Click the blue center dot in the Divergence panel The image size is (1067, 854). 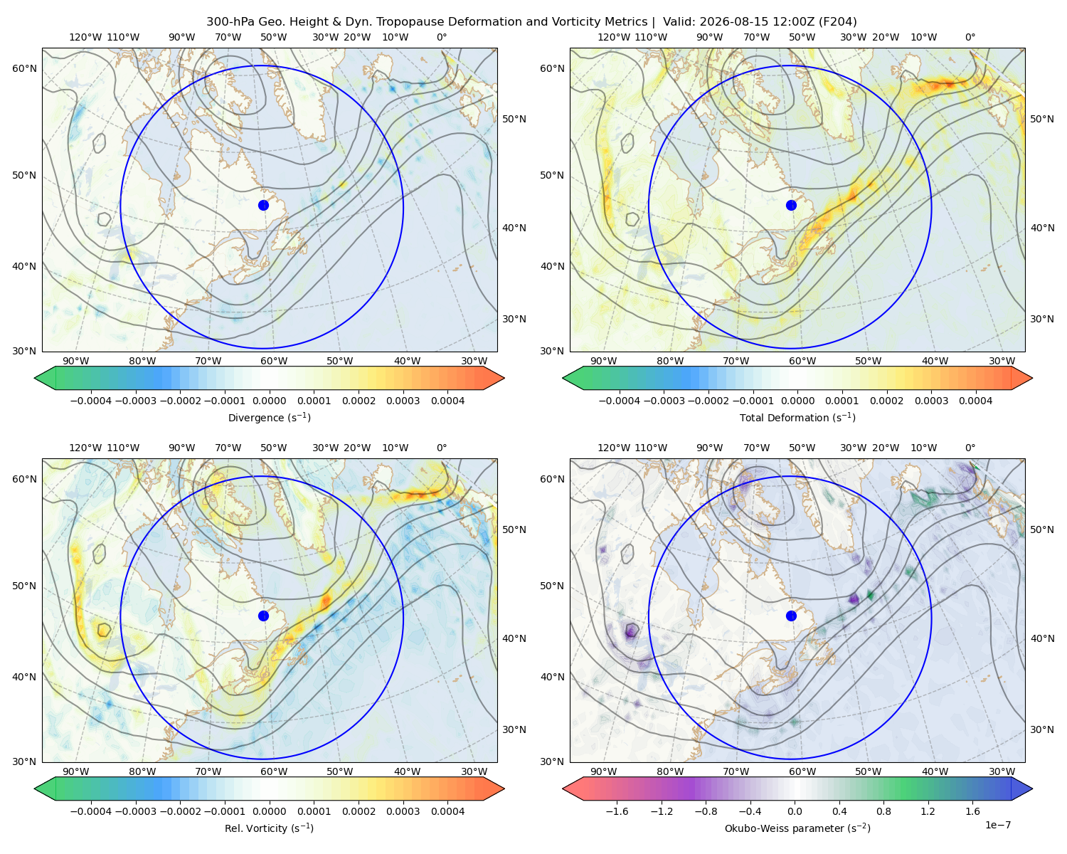(263, 206)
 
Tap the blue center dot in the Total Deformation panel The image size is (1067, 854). (791, 206)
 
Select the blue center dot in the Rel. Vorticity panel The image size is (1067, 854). (263, 616)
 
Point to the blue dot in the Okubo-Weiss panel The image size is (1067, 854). (791, 616)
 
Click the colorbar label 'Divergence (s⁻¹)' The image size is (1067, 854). (269, 418)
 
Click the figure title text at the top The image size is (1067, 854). (531, 22)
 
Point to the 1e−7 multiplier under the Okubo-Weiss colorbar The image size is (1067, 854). (997, 826)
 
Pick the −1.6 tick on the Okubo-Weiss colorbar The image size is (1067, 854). (617, 811)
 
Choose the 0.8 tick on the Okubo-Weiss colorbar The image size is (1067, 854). (883, 811)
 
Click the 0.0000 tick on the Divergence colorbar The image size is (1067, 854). (269, 401)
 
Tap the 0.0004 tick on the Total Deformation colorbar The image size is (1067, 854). (975, 401)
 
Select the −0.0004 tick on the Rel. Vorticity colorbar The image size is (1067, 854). (91, 811)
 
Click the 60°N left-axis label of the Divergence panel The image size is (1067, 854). (24, 68)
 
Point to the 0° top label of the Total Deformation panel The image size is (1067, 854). (970, 37)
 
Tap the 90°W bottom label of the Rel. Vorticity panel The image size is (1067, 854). (76, 771)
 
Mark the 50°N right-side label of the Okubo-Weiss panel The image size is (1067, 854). (1041, 529)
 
